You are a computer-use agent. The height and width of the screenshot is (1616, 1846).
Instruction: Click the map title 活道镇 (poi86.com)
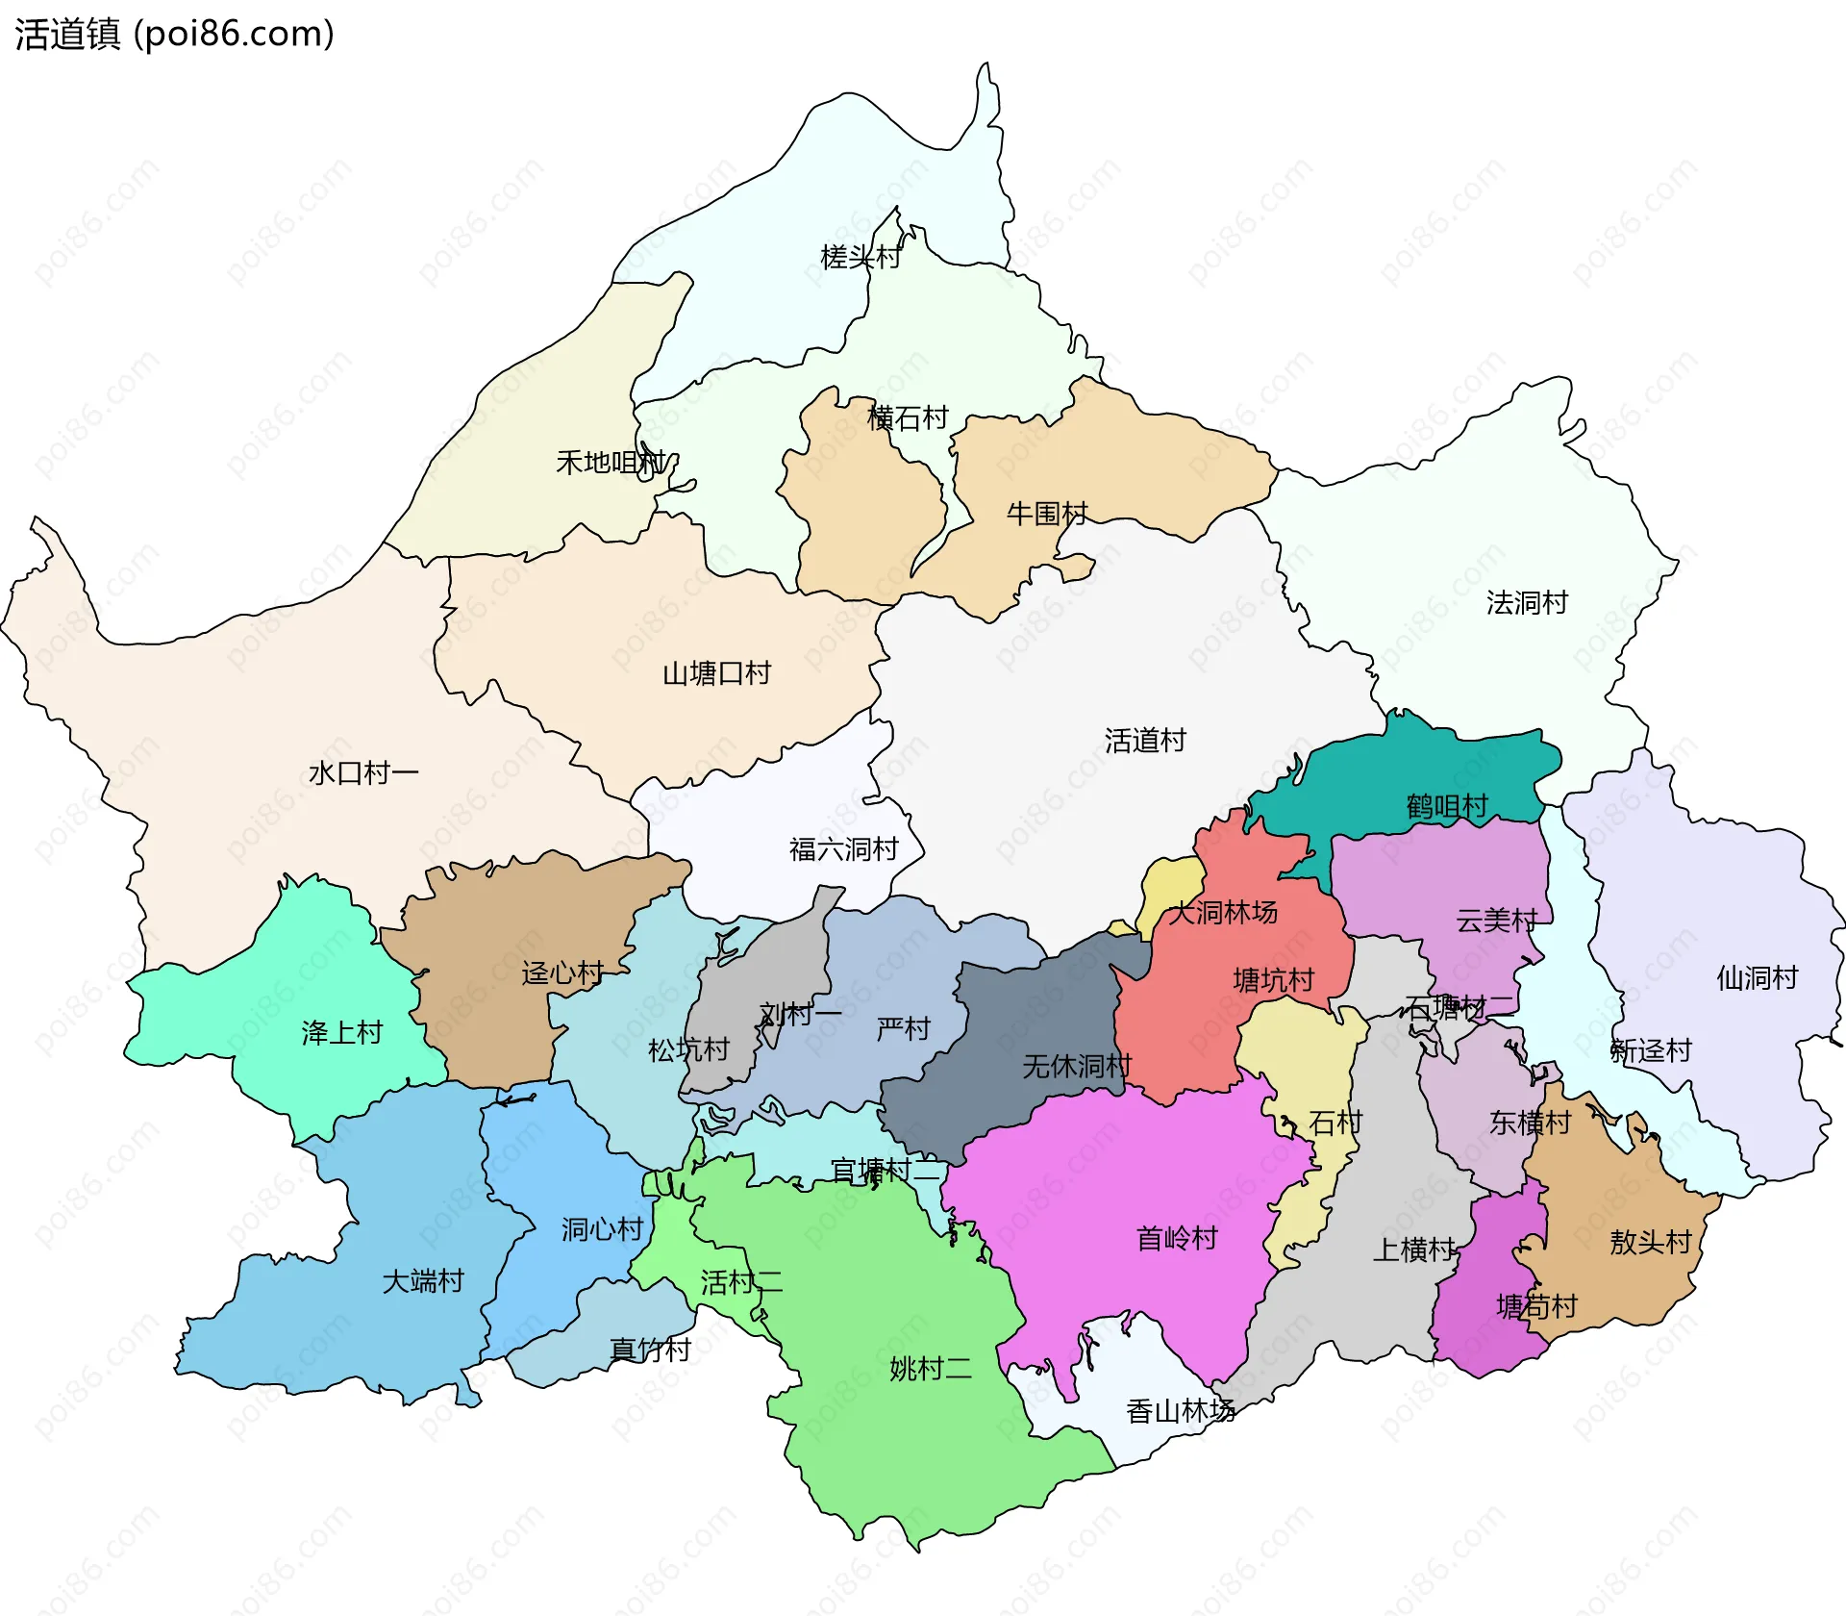(x=174, y=35)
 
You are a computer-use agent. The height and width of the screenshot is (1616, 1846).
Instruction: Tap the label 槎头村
(x=860, y=257)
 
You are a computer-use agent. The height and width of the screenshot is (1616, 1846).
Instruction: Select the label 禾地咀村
(x=611, y=463)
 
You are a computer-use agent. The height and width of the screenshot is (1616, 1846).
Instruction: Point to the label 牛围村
(x=1046, y=514)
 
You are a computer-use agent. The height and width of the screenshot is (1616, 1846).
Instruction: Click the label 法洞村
(x=1526, y=603)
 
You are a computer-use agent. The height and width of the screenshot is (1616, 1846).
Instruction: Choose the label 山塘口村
(x=716, y=673)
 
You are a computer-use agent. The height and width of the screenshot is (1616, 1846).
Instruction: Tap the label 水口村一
(x=362, y=772)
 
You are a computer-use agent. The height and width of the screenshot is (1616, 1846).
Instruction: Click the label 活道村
(x=1144, y=741)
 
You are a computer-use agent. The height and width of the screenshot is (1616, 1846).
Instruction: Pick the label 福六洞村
(x=843, y=849)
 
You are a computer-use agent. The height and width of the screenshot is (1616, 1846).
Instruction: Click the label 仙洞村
(x=1757, y=978)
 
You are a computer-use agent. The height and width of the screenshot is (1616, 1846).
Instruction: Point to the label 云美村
(x=1495, y=921)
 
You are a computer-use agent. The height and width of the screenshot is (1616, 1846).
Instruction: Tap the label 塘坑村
(x=1273, y=980)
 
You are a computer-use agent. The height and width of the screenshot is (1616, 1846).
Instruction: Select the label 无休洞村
(x=1076, y=1066)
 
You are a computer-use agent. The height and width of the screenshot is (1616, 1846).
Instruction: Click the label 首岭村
(x=1177, y=1238)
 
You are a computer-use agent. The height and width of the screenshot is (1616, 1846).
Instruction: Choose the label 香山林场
(x=1180, y=1411)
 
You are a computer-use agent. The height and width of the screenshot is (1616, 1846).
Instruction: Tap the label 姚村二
(x=930, y=1368)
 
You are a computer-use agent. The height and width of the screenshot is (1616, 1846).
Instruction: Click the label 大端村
(x=422, y=1281)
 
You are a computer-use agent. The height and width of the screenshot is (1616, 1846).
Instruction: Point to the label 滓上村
(x=341, y=1033)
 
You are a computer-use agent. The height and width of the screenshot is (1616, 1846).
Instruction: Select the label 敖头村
(x=1650, y=1242)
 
